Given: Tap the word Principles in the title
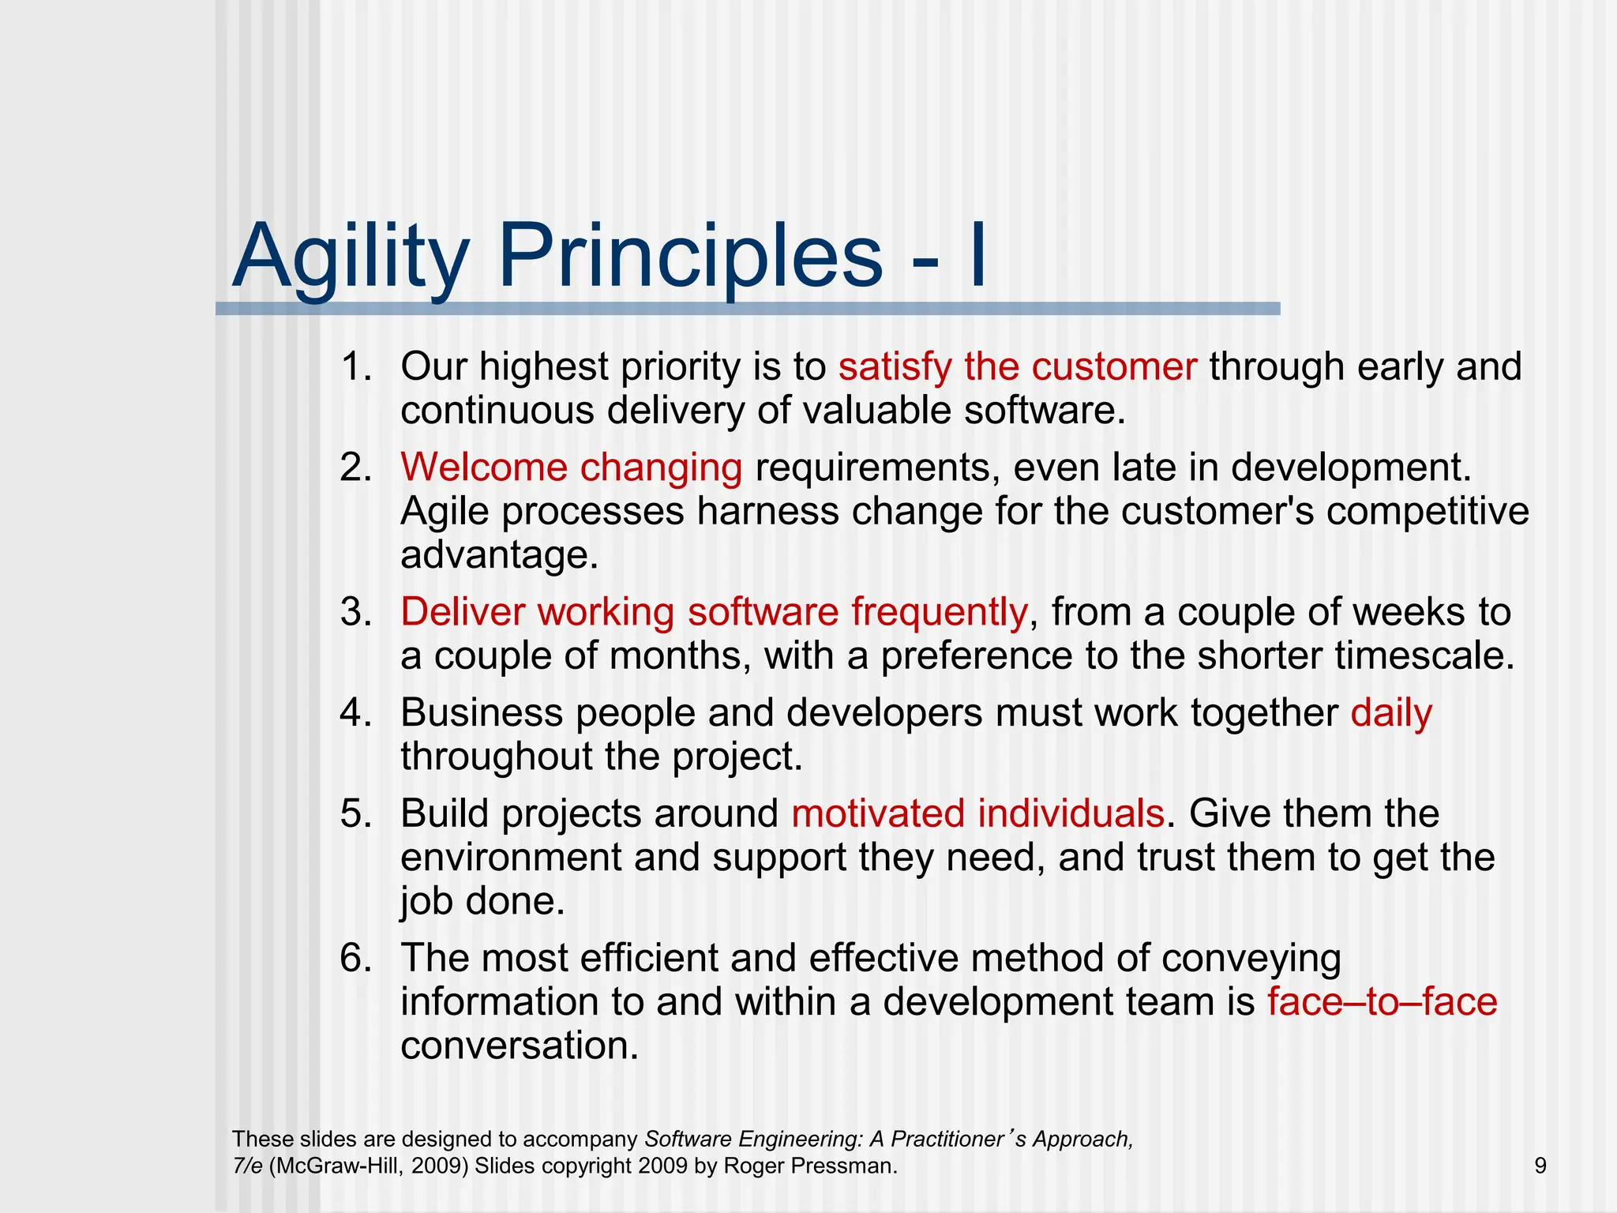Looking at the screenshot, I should click(689, 257).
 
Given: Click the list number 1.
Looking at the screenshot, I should click(355, 367).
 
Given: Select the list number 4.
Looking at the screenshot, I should click(355, 713).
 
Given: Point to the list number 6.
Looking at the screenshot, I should click(355, 958).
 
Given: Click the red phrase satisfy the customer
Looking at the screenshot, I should click(1017, 367).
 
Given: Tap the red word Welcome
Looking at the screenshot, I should click(483, 468).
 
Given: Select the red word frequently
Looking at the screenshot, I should click(939, 612).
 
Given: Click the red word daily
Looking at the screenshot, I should click(1390, 713).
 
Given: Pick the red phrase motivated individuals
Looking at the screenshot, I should click(977, 813).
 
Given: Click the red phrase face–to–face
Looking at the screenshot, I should click(1382, 1002).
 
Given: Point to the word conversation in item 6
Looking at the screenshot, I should click(519, 1046).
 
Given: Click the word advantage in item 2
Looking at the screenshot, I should click(499, 555).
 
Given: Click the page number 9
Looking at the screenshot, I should click(1540, 1166).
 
